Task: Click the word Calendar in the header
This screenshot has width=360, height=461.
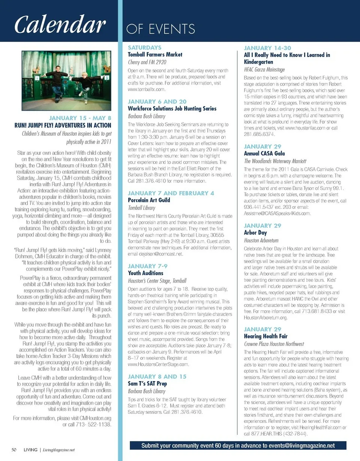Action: (59, 25)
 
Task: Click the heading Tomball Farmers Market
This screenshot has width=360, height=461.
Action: (155, 55)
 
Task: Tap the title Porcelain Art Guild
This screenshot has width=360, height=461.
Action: (149, 200)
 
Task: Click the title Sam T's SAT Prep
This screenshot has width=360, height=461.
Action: (147, 384)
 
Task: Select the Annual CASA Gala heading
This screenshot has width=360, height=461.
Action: (264, 154)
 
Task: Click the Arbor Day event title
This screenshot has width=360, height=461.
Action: (255, 233)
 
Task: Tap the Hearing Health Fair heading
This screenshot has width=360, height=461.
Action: (266, 336)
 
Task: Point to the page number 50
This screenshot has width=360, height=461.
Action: (13, 449)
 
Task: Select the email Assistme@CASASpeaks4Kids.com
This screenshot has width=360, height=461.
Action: (277, 213)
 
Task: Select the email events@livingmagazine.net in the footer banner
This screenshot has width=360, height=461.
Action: (298, 446)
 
